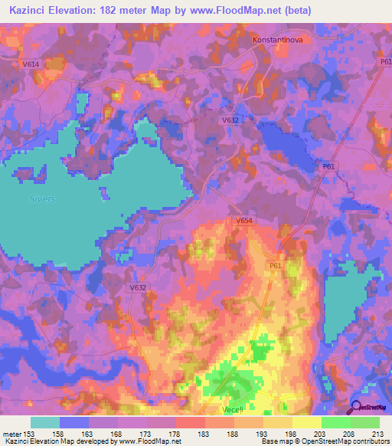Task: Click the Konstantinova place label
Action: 279,38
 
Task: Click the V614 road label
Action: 31,65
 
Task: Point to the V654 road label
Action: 244,221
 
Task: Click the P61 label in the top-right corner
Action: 384,61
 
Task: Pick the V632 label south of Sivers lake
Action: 138,287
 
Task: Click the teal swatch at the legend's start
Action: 45,422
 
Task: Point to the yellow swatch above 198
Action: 278,422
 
